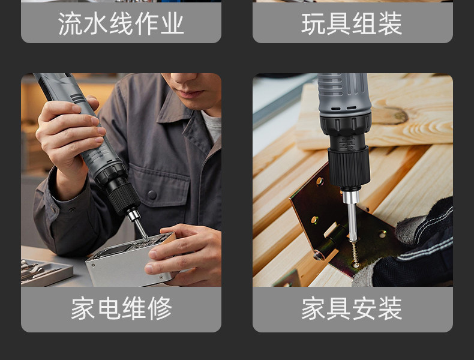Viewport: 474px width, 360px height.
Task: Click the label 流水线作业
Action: (x=121, y=23)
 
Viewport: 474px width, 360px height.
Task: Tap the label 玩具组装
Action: (x=352, y=23)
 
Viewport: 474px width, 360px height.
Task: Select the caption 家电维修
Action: (x=121, y=308)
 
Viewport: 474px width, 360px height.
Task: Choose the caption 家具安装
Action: (x=352, y=308)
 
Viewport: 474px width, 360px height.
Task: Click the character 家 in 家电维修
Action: (x=83, y=308)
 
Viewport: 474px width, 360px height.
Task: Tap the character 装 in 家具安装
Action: (x=390, y=308)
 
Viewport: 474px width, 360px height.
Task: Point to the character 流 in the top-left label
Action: (x=70, y=23)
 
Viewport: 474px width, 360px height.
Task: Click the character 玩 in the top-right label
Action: (x=314, y=23)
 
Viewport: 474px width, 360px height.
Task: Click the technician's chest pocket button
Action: (x=152, y=194)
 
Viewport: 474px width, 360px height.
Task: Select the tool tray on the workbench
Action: (x=46, y=272)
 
